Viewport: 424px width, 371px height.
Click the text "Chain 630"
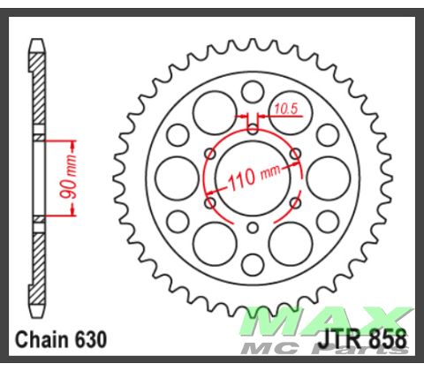pyautogui.click(x=62, y=339)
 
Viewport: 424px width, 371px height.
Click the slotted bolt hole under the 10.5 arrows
pyautogui.click(x=253, y=128)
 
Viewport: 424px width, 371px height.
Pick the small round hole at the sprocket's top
pyautogui.click(x=253, y=91)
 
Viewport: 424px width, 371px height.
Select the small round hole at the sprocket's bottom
pyautogui.click(x=253, y=263)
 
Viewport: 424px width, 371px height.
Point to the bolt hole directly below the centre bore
pyautogui.click(x=253, y=228)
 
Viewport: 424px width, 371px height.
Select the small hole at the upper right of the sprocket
pyautogui.click(x=327, y=134)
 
